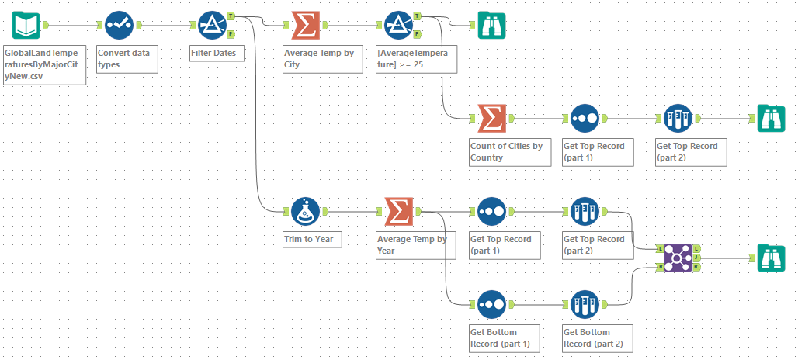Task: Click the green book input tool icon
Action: [27, 25]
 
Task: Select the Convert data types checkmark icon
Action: [120, 25]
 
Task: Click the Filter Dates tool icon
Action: [213, 25]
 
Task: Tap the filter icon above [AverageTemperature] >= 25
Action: [399, 25]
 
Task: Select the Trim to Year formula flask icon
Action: [306, 211]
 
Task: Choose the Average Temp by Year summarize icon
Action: [399, 211]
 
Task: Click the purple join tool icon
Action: [678, 258]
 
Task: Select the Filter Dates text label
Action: [215, 54]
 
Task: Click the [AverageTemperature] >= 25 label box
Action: [415, 59]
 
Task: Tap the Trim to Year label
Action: [309, 239]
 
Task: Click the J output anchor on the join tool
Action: [697, 258]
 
